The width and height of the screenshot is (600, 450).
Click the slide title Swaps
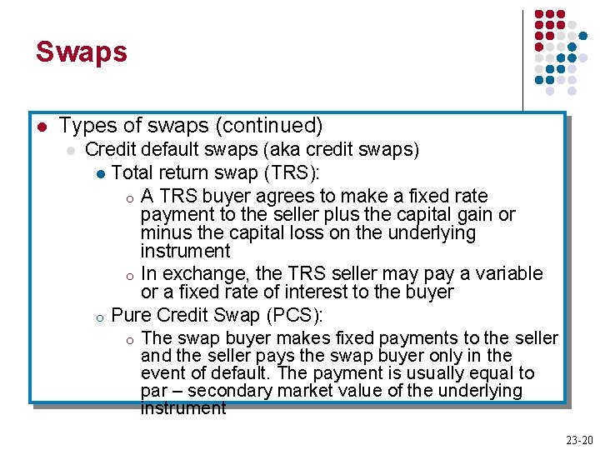[81, 52]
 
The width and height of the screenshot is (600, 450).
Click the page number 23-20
[579, 440]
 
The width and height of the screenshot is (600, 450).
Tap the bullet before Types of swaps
[42, 127]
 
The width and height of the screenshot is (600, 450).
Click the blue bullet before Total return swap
[99, 174]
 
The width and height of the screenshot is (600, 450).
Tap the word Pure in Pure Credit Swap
[130, 315]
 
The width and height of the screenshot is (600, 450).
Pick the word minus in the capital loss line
[167, 232]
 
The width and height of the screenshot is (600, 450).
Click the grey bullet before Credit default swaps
[72, 151]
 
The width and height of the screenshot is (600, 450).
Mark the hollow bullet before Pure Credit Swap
[98, 317]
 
